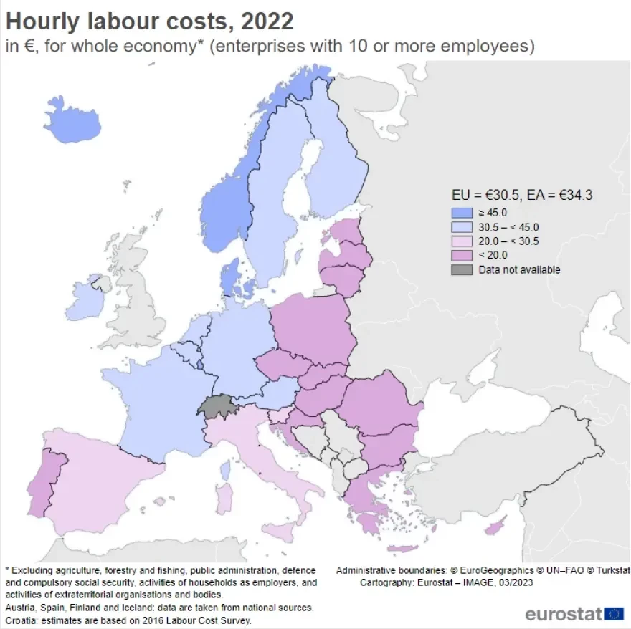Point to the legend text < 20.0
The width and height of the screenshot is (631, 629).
[x=493, y=256]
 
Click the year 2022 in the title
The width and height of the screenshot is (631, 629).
[x=267, y=21]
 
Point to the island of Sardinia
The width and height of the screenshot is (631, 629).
[x=224, y=498]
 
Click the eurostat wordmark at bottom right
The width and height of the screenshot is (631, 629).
[x=563, y=614]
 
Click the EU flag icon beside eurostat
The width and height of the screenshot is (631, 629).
[x=615, y=614]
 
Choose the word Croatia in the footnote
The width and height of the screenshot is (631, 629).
[x=22, y=620]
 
